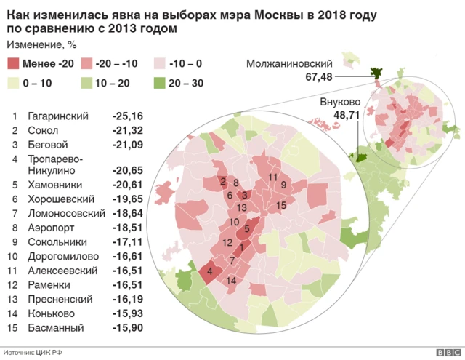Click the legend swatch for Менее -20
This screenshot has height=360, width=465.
pos(13,65)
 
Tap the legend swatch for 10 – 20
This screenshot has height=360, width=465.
pos(86,84)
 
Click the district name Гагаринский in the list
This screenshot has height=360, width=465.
pos(57,116)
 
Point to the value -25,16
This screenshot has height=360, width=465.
pos(127,116)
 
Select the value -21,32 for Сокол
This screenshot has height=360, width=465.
pos(127,130)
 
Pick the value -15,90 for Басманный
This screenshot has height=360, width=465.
pos(127,327)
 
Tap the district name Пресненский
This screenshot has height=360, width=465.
pos(60,299)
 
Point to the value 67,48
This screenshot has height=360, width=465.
pos(318,77)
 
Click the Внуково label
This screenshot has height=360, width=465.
pos(340,103)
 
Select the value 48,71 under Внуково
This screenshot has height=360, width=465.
pos(347,115)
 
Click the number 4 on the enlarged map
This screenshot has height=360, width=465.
pos(210,273)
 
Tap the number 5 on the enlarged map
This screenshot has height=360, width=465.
pos(247,229)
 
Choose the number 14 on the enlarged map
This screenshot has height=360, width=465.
pos(231,281)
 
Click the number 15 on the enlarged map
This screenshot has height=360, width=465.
pos(281,206)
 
